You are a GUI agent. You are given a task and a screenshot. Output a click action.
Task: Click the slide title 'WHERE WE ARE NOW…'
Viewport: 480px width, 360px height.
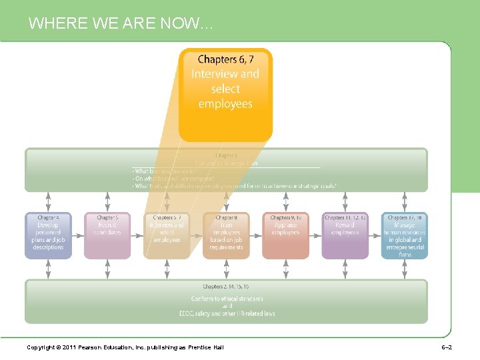tap(121, 24)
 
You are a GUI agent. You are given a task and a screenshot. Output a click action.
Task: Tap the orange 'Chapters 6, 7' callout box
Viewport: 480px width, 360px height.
tap(225, 94)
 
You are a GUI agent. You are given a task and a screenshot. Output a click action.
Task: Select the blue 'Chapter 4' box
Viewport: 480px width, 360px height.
tap(48, 235)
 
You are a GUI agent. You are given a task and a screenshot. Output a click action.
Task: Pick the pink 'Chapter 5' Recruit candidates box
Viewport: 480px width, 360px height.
tap(107, 235)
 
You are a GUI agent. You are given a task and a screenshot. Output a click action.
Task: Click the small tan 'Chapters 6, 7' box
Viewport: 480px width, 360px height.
tap(167, 235)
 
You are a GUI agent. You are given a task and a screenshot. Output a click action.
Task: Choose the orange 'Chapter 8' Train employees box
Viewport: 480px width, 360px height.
tap(226, 235)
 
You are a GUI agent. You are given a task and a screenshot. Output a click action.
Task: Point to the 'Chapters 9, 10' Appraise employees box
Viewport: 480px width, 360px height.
tap(285, 235)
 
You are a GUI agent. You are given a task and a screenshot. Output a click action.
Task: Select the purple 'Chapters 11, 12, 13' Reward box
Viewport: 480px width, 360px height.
tap(345, 235)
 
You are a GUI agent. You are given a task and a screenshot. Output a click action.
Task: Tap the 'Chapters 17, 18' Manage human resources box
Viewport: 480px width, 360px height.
tap(404, 235)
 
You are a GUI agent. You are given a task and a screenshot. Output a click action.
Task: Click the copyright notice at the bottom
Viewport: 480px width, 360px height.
tap(125, 347)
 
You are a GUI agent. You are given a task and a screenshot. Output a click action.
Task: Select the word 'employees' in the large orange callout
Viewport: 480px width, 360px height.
tap(225, 104)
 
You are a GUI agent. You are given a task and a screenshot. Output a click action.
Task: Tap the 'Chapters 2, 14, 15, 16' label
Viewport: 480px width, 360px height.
tap(226, 287)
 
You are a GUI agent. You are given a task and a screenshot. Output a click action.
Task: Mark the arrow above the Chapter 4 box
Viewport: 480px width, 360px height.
tap(48, 202)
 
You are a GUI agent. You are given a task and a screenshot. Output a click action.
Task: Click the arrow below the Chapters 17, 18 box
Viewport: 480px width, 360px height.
tap(404, 269)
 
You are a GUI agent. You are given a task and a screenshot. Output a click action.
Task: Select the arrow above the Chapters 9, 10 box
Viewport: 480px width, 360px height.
tap(285, 202)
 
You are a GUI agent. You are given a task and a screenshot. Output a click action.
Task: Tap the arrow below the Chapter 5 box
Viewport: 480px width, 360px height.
tap(107, 269)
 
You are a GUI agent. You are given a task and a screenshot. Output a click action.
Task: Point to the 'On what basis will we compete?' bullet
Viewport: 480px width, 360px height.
tap(173, 179)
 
